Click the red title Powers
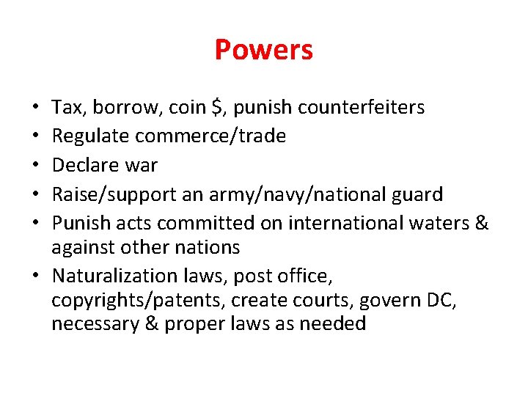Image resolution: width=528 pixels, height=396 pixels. point(263,50)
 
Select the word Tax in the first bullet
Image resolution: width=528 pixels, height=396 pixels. point(67,108)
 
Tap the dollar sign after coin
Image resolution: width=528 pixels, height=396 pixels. point(216,108)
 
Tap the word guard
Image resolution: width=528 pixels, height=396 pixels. point(417,194)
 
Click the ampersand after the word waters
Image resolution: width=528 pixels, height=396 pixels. point(481,223)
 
